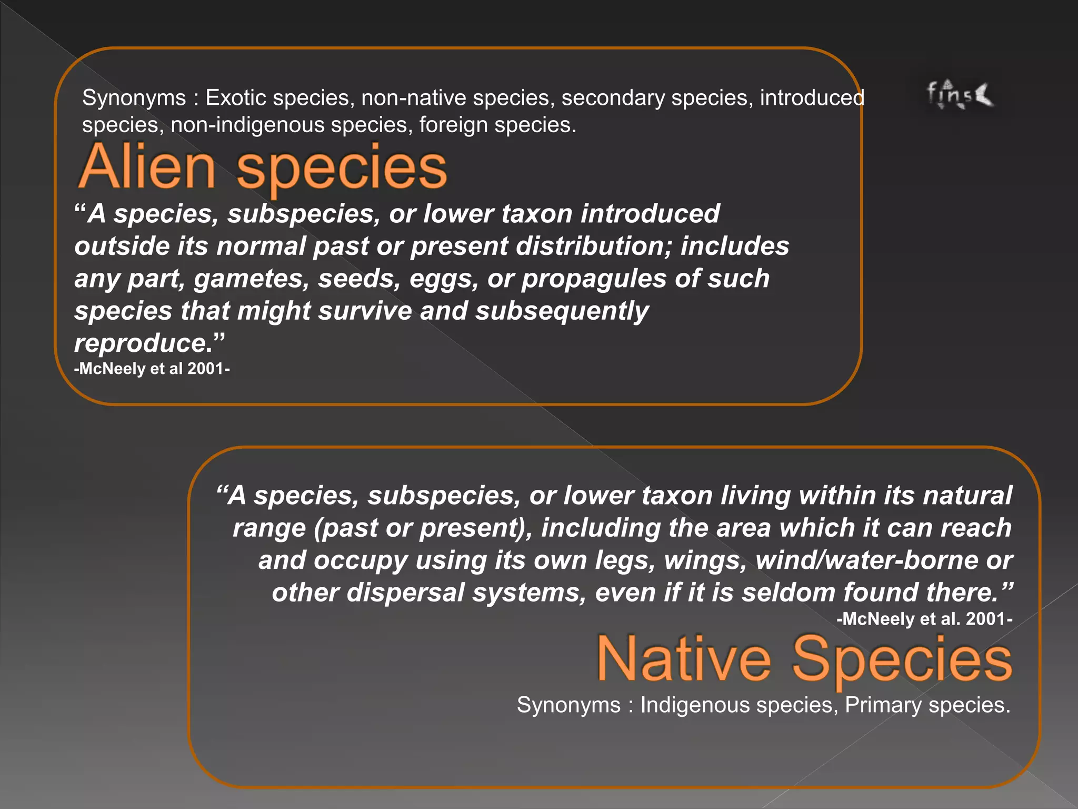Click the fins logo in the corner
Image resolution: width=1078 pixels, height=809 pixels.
click(x=959, y=95)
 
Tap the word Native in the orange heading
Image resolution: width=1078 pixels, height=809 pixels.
click(x=684, y=659)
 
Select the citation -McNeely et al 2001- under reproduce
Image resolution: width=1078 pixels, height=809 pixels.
click(x=152, y=369)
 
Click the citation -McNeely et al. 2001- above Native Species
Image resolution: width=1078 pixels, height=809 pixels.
click(x=924, y=619)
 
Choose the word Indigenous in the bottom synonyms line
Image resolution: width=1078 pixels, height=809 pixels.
click(x=695, y=705)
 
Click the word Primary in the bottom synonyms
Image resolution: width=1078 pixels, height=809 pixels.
click(x=882, y=705)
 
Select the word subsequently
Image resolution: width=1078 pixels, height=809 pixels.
click(x=562, y=311)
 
